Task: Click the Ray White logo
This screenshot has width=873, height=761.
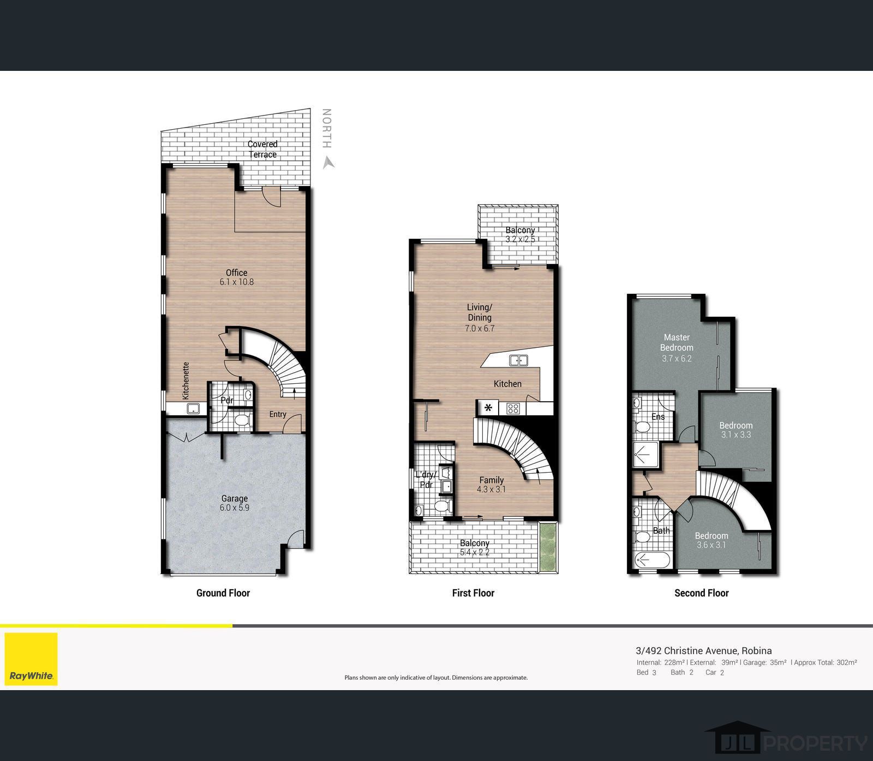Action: pyautogui.click(x=31, y=659)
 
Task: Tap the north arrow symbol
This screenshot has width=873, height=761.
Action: pyautogui.click(x=328, y=162)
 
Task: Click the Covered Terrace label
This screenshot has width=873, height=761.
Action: pyautogui.click(x=262, y=149)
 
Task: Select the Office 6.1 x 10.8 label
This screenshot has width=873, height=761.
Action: pyautogui.click(x=237, y=277)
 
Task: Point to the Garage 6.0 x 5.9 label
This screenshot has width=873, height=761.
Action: pyautogui.click(x=235, y=503)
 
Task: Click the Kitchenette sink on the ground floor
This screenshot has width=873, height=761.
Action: pyautogui.click(x=193, y=408)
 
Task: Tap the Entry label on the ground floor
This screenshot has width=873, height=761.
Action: pyautogui.click(x=278, y=414)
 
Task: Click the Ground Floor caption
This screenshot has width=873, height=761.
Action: pyautogui.click(x=223, y=593)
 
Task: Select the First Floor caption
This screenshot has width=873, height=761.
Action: pyautogui.click(x=473, y=593)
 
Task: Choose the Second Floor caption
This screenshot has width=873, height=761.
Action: pyautogui.click(x=702, y=593)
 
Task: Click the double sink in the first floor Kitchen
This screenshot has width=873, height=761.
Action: pyautogui.click(x=518, y=360)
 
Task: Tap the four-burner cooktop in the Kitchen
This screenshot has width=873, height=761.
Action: pyautogui.click(x=513, y=408)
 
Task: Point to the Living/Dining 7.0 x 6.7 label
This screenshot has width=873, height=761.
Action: pyautogui.click(x=480, y=317)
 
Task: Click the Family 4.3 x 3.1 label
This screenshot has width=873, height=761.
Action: pyautogui.click(x=491, y=485)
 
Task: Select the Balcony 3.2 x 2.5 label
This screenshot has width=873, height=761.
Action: pyautogui.click(x=520, y=234)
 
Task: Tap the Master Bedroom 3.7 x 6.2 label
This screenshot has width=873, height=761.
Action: pyautogui.click(x=677, y=347)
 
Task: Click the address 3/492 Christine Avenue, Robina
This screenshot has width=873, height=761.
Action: pyautogui.click(x=704, y=650)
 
